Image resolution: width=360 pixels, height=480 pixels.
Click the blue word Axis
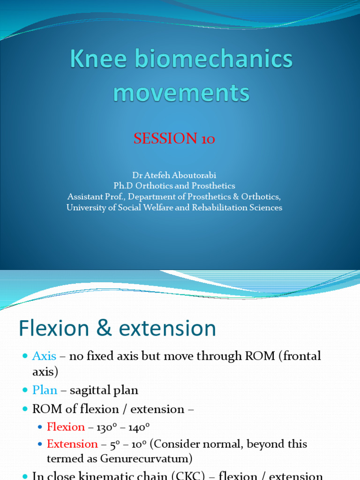tap(44, 356)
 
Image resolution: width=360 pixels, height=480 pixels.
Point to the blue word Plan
tap(45, 390)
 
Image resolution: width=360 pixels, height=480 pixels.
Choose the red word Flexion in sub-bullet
tap(66, 427)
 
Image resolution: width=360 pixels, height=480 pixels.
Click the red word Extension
tap(72, 444)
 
